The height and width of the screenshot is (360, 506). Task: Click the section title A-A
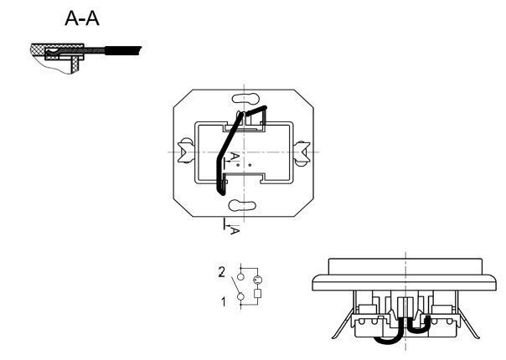81,18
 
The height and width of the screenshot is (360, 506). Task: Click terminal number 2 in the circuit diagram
221,271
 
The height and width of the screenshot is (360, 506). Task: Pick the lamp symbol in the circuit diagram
257,279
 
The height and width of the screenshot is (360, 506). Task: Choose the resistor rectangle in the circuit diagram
257,295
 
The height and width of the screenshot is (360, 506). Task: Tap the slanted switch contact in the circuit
238,286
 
